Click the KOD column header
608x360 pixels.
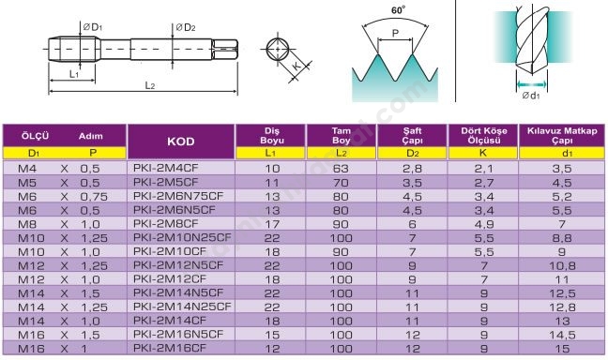click(181, 142)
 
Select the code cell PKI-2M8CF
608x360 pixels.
click(165, 224)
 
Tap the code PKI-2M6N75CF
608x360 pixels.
click(178, 196)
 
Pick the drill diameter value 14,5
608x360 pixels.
click(562, 335)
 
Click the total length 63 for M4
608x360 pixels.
click(341, 169)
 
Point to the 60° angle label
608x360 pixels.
click(398, 10)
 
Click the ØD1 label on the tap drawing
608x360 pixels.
click(92, 27)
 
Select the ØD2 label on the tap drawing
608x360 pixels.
click(186, 27)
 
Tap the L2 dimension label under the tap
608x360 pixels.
click(150, 85)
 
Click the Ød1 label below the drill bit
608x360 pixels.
click(531, 96)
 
